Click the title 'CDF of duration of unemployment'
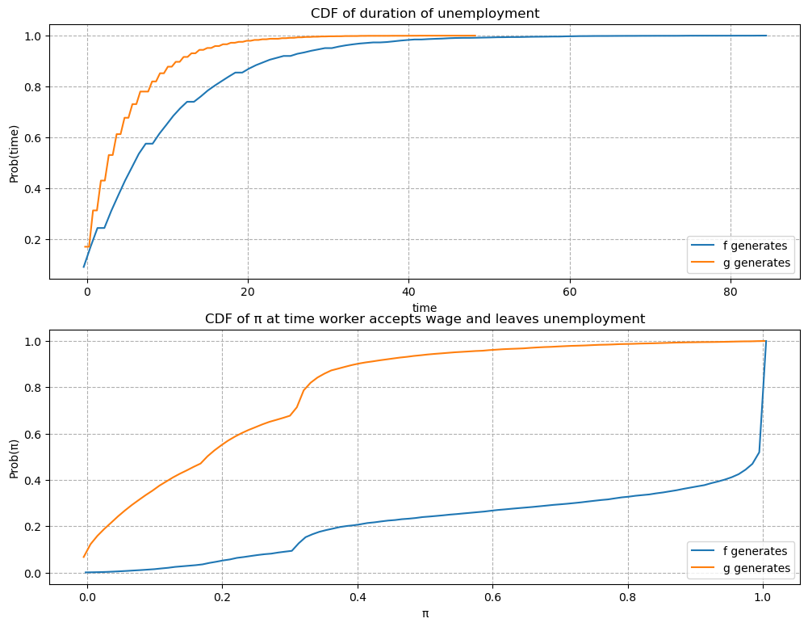click(x=425, y=13)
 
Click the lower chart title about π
click(x=425, y=318)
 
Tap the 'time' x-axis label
click(x=425, y=308)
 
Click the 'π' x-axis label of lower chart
click(x=425, y=613)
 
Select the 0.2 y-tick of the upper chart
click(x=32, y=240)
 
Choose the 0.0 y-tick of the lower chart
click(x=32, y=573)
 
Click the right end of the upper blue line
click(x=766, y=36)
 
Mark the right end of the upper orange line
click(x=475, y=36)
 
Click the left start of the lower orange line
click(x=83, y=557)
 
